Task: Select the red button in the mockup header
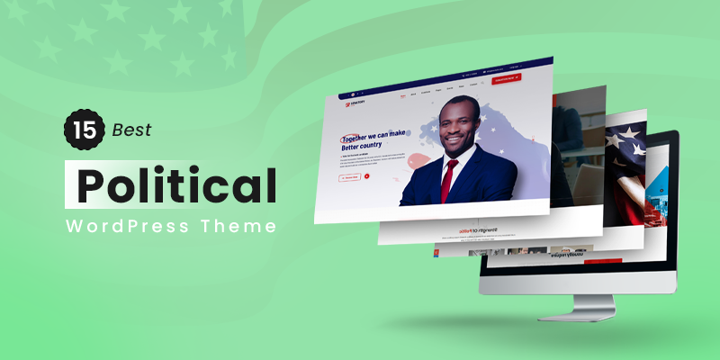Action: (509, 80)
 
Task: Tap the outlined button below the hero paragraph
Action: (349, 177)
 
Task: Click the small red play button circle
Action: (367, 176)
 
